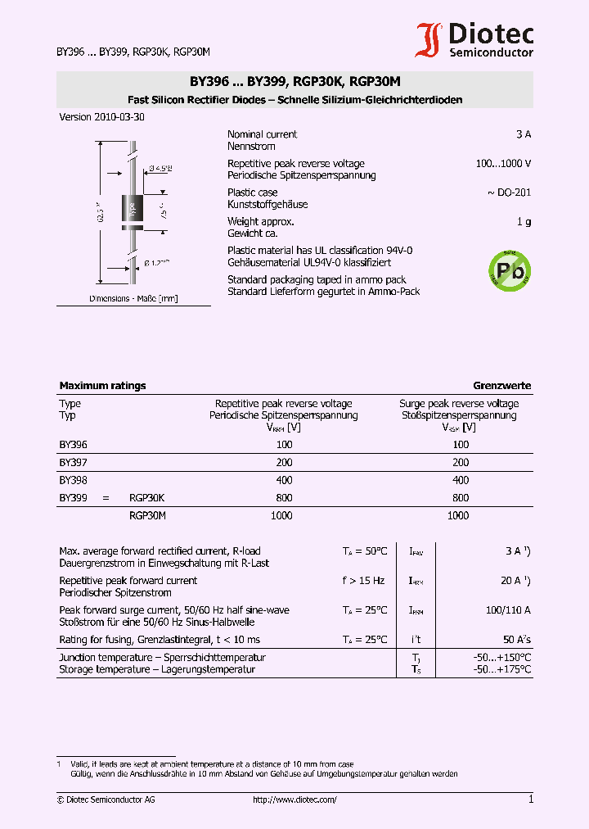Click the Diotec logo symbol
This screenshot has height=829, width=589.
tap(430, 40)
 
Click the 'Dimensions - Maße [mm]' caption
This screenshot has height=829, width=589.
tap(133, 299)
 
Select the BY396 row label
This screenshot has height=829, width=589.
tap(73, 444)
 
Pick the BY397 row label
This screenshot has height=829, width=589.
tap(73, 462)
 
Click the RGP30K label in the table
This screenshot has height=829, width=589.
tap(147, 497)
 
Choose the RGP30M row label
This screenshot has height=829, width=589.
tap(147, 515)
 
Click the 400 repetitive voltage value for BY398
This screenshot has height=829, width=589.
tap(284, 480)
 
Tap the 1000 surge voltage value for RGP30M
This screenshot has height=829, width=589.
tap(458, 515)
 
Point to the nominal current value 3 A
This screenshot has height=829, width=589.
tap(524, 134)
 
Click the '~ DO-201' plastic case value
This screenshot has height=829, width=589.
tap(509, 193)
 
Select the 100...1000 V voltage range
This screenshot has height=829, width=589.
tap(503, 164)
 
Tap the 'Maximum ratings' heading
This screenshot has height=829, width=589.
tap(102, 385)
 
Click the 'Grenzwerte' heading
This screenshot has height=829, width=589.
tap(501, 385)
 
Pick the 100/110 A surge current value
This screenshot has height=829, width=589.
tap(508, 610)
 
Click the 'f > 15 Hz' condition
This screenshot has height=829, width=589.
tap(363, 581)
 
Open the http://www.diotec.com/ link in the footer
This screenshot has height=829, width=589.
tap(294, 800)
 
